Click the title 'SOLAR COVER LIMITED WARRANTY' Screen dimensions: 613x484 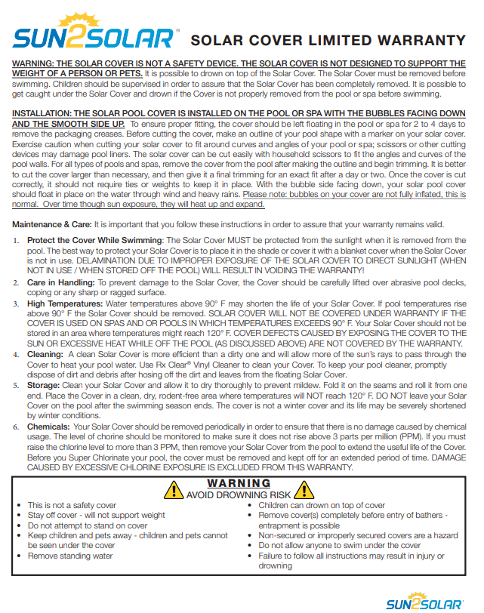(x=328, y=41)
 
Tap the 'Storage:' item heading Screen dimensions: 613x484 (x=44, y=384)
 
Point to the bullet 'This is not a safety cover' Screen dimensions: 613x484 (x=72, y=506)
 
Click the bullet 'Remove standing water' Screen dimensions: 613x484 (x=70, y=556)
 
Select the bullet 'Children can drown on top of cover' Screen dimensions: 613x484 (x=322, y=506)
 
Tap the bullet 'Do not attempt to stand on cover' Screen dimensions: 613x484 (x=88, y=525)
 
